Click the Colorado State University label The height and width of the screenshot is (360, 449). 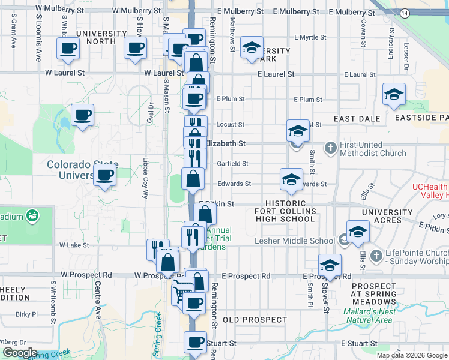(x=82, y=170)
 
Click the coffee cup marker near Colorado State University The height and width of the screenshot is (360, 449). (x=105, y=175)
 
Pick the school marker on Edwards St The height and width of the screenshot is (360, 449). (x=291, y=179)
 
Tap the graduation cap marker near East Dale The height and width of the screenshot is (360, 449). (x=394, y=94)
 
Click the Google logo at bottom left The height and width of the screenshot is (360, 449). (x=19, y=353)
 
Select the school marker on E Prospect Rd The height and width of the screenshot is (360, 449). (x=330, y=264)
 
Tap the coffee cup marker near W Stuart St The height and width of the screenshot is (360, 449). (x=195, y=343)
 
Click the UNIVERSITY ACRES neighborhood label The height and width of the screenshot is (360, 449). (x=385, y=216)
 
